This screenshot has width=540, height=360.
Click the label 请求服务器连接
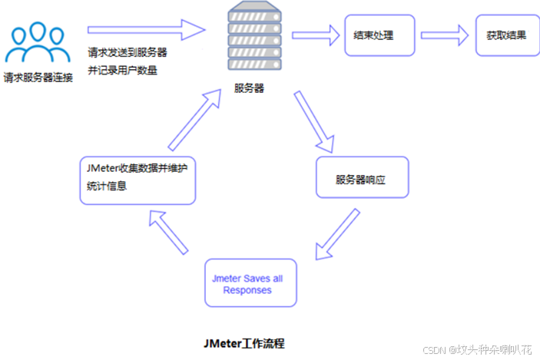coord(38,77)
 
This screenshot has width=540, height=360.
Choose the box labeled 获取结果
coord(506,35)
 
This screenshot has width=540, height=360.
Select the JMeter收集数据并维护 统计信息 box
coord(137,180)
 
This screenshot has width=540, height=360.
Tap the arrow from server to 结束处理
coord(316,34)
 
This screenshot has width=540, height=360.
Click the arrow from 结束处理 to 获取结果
coord(445,34)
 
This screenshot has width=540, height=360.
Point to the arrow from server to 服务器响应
coord(314,124)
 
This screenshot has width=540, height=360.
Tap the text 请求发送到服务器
coord(127,54)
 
